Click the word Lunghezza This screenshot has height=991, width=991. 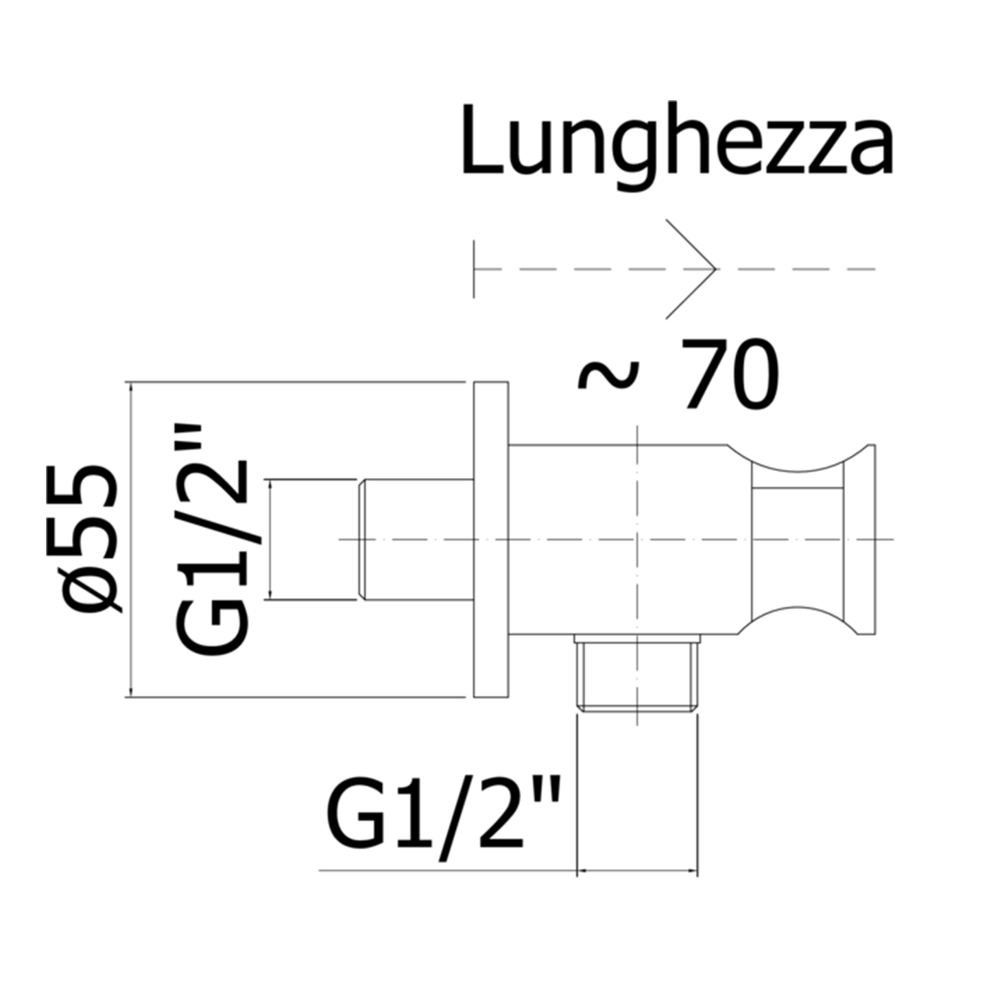pyautogui.click(x=677, y=148)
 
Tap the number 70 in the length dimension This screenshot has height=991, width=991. pyautogui.click(x=730, y=374)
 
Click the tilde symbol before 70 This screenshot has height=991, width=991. pyautogui.click(x=609, y=374)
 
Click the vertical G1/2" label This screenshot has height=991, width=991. pyautogui.click(x=212, y=540)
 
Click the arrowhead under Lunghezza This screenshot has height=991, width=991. pyautogui.click(x=691, y=269)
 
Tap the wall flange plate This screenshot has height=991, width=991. pyautogui.click(x=491, y=540)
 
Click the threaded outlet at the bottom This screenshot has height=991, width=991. pyautogui.click(x=637, y=673)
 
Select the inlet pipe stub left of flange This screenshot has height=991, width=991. pyautogui.click(x=416, y=540)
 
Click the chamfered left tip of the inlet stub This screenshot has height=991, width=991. pyautogui.click(x=361, y=540)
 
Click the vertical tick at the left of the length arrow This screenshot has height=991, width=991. pyautogui.click(x=474, y=269)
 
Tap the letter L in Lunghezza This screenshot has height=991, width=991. pyautogui.click(x=481, y=139)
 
